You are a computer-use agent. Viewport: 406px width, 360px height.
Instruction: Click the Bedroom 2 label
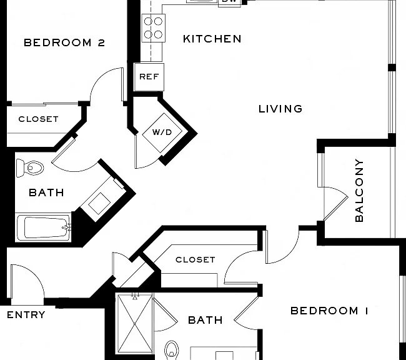pyautogui.click(x=64, y=42)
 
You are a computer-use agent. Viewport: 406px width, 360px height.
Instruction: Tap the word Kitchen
pyautogui.click(x=212, y=39)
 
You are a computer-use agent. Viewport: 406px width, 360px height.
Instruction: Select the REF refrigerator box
pyautogui.click(x=149, y=77)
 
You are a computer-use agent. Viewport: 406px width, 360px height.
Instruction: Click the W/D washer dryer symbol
pyautogui.click(x=162, y=132)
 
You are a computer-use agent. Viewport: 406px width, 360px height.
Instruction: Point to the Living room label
pyautogui.click(x=280, y=109)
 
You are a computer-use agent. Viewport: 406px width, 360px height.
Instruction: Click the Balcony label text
pyautogui.click(x=359, y=191)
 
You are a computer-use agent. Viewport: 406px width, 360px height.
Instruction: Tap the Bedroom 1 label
pyautogui.click(x=329, y=311)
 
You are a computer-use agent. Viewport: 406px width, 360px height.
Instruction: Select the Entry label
pyautogui.click(x=26, y=315)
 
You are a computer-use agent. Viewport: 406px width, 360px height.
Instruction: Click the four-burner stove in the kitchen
pyautogui.click(x=153, y=28)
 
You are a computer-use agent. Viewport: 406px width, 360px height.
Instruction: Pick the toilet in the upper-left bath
pyautogui.click(x=29, y=168)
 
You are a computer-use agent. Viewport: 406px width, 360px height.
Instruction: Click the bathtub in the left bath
pyautogui.click(x=43, y=227)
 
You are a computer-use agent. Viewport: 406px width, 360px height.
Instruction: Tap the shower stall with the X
pyautogui.click(x=135, y=324)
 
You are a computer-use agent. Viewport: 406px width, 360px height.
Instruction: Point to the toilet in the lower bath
pyautogui.click(x=172, y=350)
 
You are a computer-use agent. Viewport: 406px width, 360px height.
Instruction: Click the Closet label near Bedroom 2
pyautogui.click(x=38, y=119)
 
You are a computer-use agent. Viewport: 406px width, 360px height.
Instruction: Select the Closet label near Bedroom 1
pyautogui.click(x=196, y=260)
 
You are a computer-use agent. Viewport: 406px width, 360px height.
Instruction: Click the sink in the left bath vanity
pyautogui.click(x=100, y=204)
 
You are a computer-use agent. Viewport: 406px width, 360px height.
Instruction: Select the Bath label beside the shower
pyautogui.click(x=205, y=321)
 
